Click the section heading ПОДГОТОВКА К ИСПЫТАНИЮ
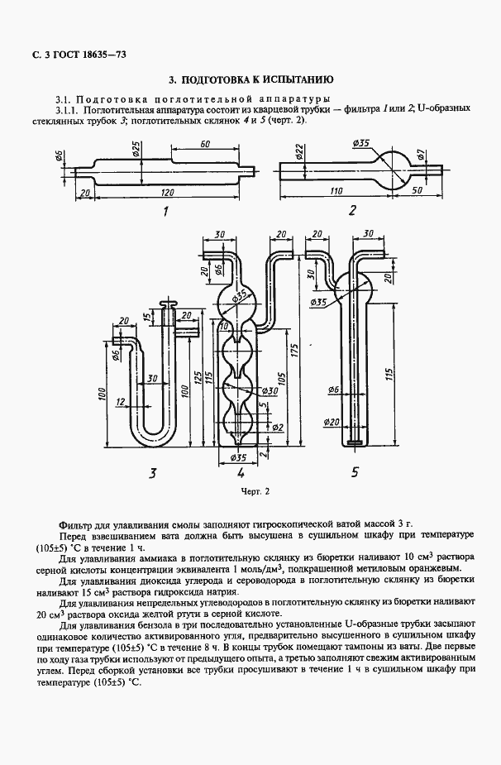point(250,81)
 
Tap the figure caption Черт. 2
point(255,491)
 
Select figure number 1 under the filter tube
point(165,211)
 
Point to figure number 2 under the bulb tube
point(351,210)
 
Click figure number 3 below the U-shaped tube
point(151,473)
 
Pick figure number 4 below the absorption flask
point(240,474)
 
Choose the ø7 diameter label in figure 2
point(421,155)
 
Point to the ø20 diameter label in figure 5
point(332,422)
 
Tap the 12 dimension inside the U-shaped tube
point(121,402)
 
